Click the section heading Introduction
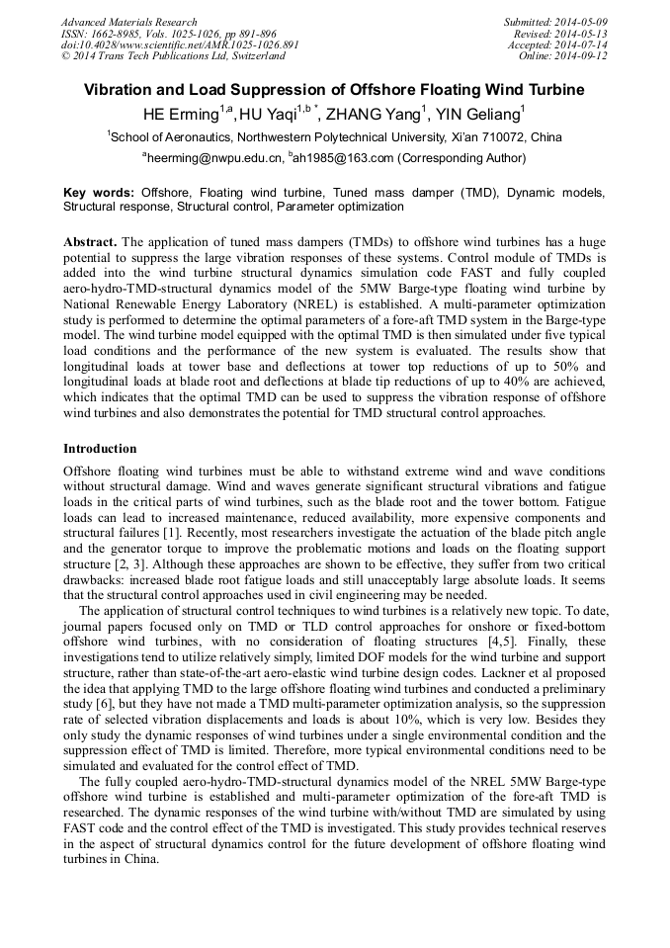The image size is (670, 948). pyautogui.click(x=100, y=449)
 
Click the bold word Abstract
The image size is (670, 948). pyautogui.click(x=90, y=241)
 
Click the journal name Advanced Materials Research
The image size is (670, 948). pyautogui.click(x=128, y=22)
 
